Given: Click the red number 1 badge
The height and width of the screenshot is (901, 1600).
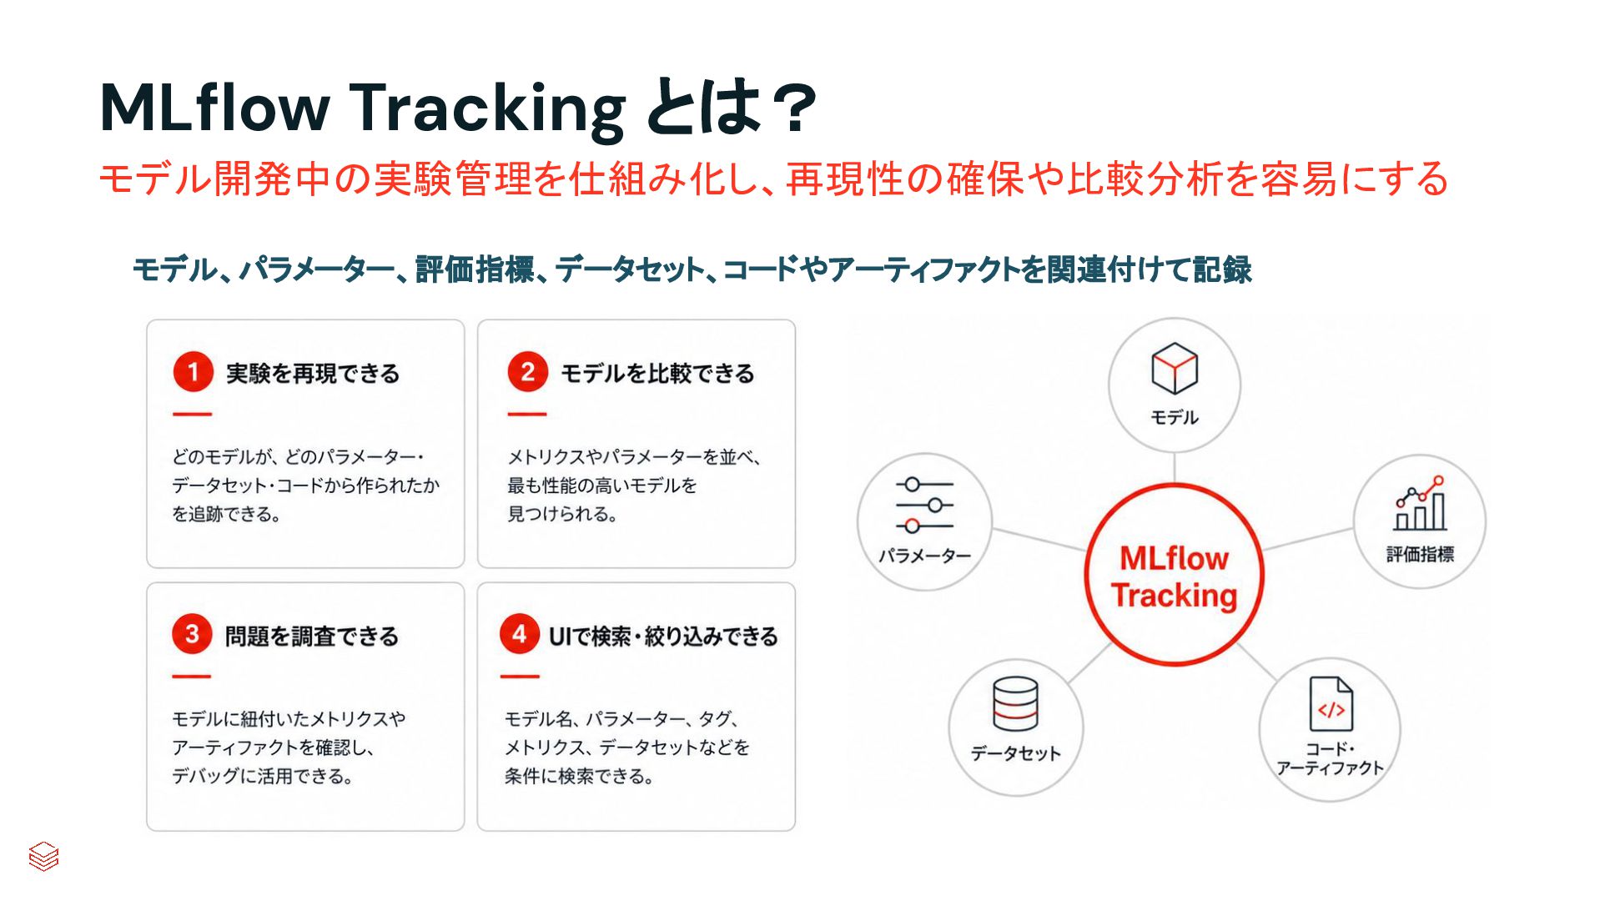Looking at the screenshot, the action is [193, 372].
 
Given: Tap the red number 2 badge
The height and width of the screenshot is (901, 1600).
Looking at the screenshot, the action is [527, 372].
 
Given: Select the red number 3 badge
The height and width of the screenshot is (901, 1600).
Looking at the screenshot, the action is [192, 635].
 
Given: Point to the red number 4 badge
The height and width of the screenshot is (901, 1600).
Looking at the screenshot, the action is [520, 635].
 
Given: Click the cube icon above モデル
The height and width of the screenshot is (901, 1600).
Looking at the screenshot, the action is [1175, 368].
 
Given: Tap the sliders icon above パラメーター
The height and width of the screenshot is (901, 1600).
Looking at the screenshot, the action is [924, 505].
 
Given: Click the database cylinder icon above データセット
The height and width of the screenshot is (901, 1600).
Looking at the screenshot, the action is [1015, 703].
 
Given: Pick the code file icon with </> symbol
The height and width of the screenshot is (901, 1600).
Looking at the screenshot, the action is [1331, 704].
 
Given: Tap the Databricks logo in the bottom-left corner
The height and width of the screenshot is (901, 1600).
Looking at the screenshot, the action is [43, 856].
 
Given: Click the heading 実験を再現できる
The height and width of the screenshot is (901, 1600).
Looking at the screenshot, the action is [313, 373].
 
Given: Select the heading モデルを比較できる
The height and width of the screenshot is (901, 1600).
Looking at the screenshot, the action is [657, 373].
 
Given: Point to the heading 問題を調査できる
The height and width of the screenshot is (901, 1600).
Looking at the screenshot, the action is [312, 636].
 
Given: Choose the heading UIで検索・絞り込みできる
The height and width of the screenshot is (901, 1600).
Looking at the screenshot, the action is [663, 636].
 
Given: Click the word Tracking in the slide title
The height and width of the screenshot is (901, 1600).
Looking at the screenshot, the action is [487, 108].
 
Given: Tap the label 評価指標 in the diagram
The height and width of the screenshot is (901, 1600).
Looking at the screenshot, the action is [1420, 554].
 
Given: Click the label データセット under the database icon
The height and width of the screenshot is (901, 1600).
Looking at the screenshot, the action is [1015, 753].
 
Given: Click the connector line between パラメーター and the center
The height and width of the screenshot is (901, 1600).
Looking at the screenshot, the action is [1039, 539].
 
